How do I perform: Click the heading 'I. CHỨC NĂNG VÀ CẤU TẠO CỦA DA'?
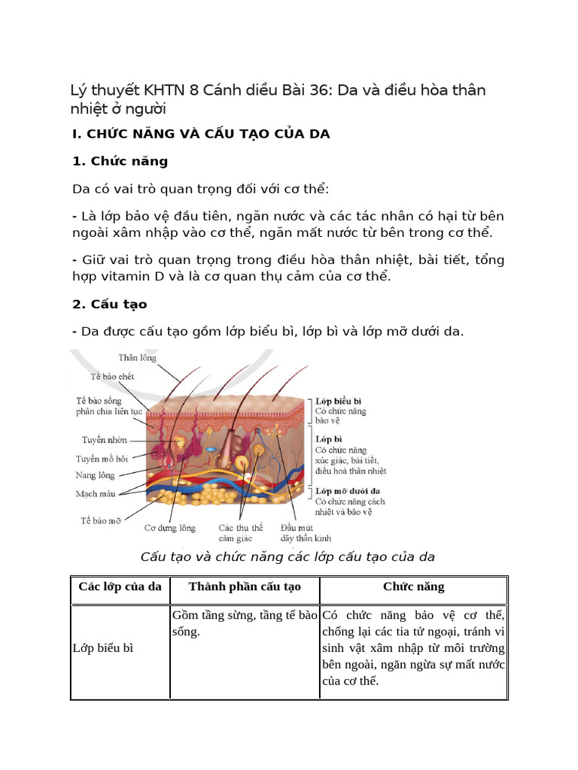pos(201,134)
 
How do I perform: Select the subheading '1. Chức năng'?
pos(120,161)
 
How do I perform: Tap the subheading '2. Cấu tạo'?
pos(110,305)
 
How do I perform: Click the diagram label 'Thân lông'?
pos(138,358)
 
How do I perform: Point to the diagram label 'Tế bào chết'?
pos(113,376)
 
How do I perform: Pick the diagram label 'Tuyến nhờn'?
pos(105,440)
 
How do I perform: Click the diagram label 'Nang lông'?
pos(95,475)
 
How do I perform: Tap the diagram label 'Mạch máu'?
pos(96,494)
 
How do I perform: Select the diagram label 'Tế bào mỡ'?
pos(102,520)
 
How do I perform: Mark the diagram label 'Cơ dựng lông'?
pos(170,528)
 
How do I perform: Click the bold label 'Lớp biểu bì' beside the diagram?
pos(339,402)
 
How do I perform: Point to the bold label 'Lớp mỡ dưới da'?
pos(347,491)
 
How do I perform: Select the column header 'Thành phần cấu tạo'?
pos(245,587)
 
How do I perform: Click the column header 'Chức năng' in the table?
pos(414,587)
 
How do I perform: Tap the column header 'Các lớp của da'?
pos(120,587)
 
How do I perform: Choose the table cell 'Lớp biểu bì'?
pos(103,648)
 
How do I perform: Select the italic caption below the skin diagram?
pos(288,557)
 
